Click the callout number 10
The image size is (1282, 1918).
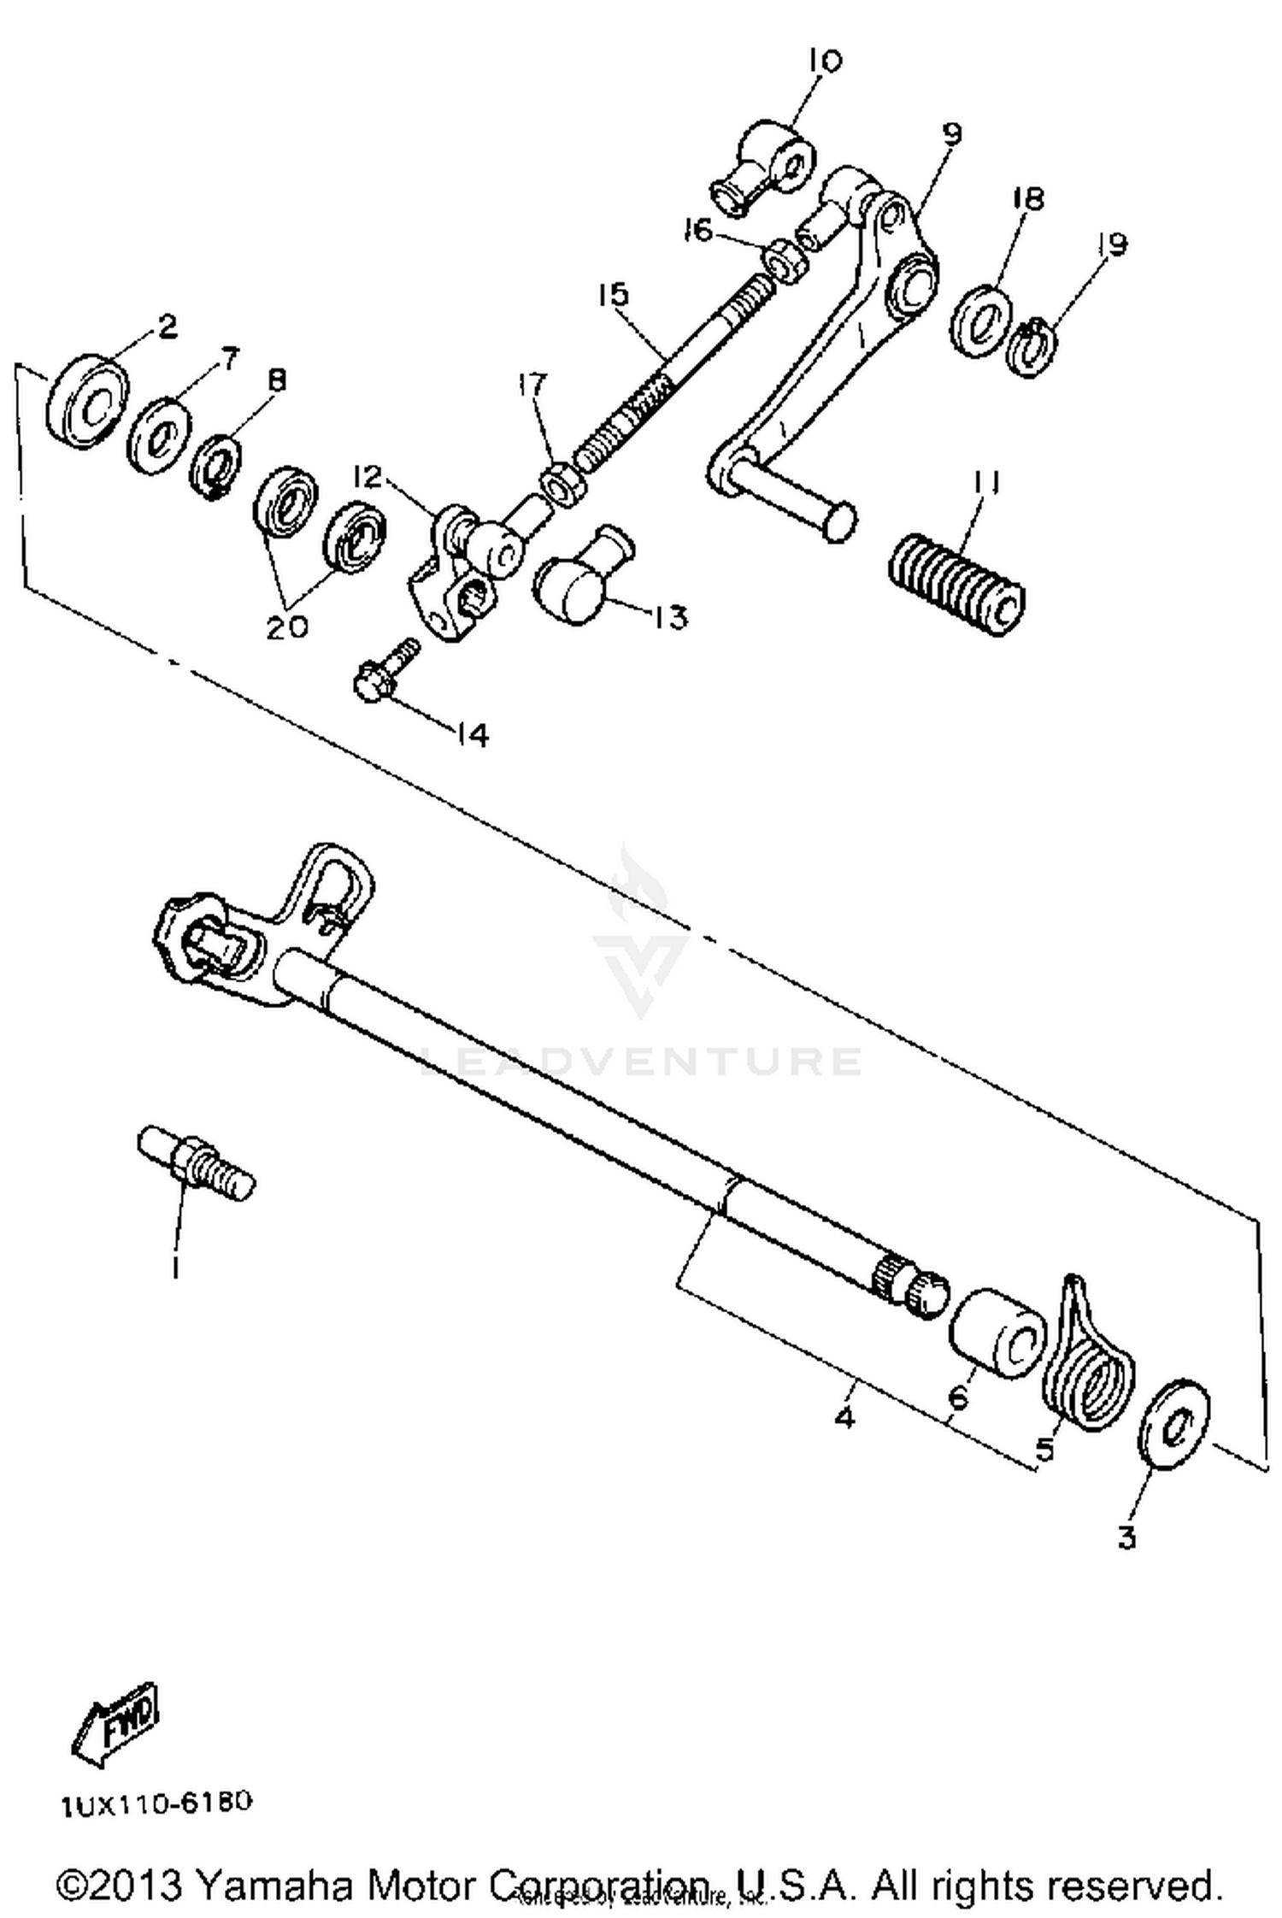(824, 61)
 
